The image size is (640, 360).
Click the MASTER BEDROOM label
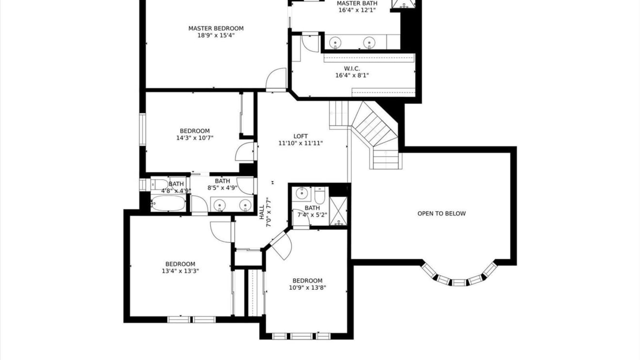(216, 28)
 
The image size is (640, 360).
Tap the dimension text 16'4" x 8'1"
(352, 76)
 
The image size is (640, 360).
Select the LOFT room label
(301, 136)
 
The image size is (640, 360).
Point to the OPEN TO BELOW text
(441, 214)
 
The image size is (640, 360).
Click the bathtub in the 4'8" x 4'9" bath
(168, 203)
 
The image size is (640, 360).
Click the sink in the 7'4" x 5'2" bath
(302, 193)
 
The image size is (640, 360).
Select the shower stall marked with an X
(338, 211)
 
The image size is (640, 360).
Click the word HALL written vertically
(262, 212)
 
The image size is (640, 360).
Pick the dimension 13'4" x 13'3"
(180, 271)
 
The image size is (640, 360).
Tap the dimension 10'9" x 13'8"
(307, 287)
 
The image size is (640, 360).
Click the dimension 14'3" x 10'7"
(195, 138)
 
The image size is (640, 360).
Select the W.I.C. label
(352, 68)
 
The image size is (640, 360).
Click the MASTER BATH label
(357, 3)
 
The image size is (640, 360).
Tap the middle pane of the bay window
(459, 282)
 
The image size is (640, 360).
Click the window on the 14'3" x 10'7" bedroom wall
(142, 129)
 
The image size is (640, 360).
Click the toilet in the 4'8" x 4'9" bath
(160, 185)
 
